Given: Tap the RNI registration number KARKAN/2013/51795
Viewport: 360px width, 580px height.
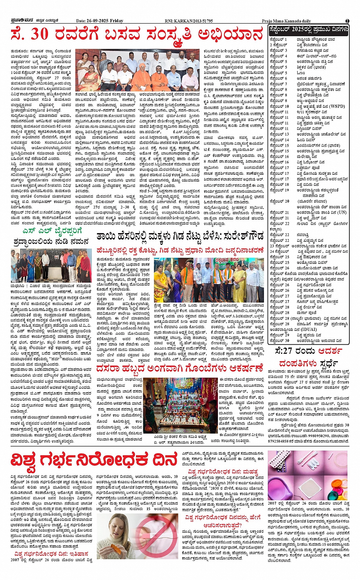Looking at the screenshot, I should pyautogui.click(x=195, y=21).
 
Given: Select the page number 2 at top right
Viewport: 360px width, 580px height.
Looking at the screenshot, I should pyautogui.click(x=347, y=21).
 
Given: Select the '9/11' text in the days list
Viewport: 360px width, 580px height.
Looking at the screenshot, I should pyautogui.click(x=301, y=112).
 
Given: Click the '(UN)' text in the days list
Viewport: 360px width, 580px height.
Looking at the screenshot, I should pyautogui.click(x=342, y=212).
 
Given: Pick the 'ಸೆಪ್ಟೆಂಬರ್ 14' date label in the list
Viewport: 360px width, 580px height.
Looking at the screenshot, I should pyautogui.click(x=279, y=140).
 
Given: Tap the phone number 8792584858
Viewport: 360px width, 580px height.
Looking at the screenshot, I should pyautogui.click(x=282, y=441).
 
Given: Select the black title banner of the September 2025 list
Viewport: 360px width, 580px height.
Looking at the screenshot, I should pyautogui.click(x=308, y=29).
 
